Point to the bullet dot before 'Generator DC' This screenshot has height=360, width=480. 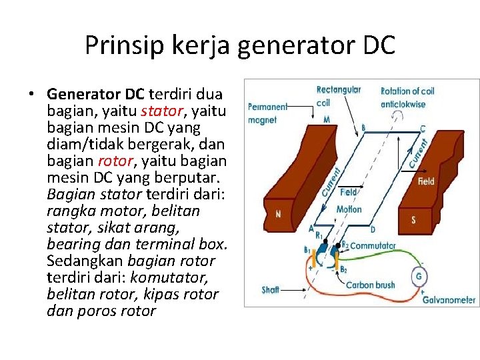click(32, 94)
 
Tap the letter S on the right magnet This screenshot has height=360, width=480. click(414, 219)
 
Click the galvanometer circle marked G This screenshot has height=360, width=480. click(419, 275)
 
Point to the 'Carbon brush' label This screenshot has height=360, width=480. click(371, 285)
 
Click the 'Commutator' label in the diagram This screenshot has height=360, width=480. click(373, 245)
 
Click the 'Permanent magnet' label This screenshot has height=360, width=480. click(267, 113)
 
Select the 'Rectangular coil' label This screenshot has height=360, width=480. click(339, 95)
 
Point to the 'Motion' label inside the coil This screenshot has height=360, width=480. click(349, 209)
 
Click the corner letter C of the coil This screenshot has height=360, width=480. click(423, 128)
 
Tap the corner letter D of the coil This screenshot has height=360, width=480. click(373, 229)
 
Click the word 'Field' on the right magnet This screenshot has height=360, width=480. click(426, 181)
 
